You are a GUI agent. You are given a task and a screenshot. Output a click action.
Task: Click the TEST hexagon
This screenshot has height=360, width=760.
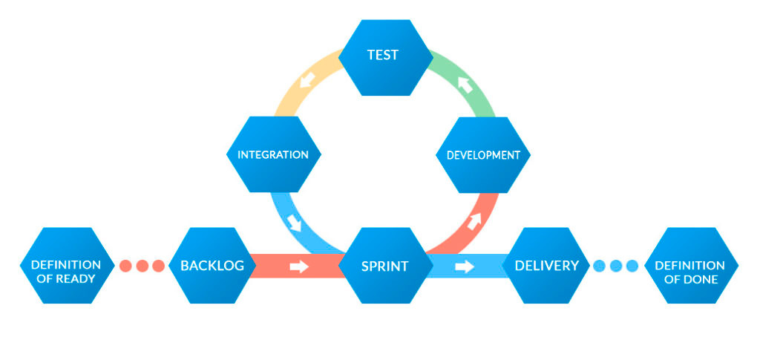pos(385,57)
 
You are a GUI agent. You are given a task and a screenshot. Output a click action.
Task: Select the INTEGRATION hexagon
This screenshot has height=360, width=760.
pos(273,155)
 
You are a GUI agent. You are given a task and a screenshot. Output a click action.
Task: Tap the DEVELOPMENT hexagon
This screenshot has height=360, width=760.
pos(483,155)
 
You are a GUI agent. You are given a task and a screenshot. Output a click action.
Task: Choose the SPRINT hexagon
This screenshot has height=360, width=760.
pos(385,266)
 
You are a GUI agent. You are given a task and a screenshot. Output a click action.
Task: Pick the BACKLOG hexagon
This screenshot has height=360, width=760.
pos(212,266)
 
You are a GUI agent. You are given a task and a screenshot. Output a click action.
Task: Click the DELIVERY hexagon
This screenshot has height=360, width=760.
pos(547,266)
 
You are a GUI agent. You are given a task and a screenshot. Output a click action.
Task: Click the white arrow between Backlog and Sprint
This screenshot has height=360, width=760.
pos(299,266)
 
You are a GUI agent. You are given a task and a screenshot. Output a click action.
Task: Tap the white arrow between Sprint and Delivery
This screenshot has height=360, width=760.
pos(465,266)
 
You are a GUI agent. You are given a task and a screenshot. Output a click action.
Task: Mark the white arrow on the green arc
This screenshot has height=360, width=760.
pos(465,83)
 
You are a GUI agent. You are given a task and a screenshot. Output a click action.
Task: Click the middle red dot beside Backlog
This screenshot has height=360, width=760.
pos(142,266)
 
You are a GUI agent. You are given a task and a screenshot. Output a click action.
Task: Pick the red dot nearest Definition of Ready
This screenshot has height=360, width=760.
pos(125,266)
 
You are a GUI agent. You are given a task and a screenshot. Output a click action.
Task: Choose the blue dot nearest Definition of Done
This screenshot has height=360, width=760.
pos(632,266)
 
